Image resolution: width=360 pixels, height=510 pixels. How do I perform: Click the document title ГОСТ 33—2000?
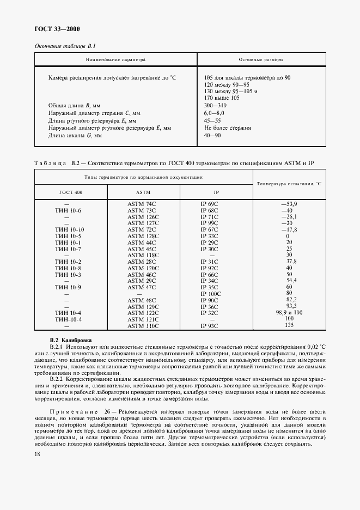click(57, 29)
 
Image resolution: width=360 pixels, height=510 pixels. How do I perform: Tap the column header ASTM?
click(143, 193)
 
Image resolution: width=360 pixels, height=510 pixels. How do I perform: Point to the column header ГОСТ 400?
click(70, 193)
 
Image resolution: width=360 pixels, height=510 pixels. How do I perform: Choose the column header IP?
click(216, 193)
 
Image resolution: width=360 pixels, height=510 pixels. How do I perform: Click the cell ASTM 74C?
click(143, 204)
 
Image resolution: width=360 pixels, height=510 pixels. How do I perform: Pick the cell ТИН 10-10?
click(69, 229)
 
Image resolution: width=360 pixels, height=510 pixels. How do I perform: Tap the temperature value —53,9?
click(289, 204)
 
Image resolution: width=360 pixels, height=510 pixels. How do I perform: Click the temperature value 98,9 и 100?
click(289, 312)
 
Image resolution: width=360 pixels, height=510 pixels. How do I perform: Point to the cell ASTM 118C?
click(143, 255)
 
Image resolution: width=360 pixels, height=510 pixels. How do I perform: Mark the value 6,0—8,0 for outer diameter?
click(215, 112)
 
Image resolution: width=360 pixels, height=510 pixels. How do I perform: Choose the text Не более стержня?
click(227, 127)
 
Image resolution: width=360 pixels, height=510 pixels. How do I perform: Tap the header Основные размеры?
click(261, 59)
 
